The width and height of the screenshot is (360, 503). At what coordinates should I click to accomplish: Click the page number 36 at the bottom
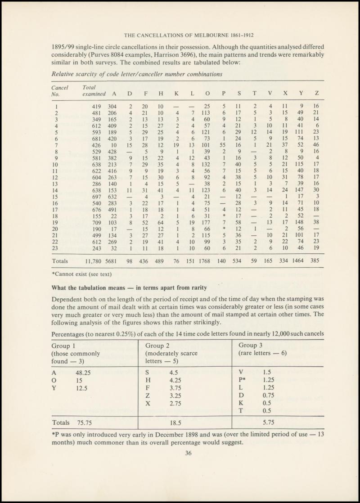189,453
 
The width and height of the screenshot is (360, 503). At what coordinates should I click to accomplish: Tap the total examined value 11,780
90,260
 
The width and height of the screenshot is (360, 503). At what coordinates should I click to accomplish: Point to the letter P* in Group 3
243,381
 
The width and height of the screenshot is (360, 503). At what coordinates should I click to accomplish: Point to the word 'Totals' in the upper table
60,260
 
